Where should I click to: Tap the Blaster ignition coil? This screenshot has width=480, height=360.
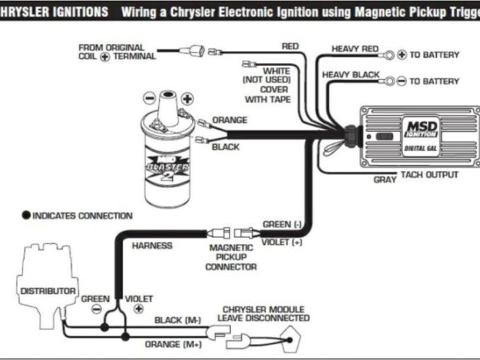tap(167, 154)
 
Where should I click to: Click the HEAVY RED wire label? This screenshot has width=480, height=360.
tap(355, 49)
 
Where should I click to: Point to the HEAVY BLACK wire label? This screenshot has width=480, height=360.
tap(351, 75)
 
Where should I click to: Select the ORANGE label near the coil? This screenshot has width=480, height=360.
tap(229, 120)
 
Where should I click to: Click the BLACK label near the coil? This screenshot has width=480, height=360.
tap(226, 147)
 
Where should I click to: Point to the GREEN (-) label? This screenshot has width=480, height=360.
tap(282, 224)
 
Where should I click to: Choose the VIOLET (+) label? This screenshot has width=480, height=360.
tap(282, 242)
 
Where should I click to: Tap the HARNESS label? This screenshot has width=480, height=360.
tap(151, 245)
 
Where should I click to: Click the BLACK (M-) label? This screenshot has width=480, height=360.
tap(177, 320)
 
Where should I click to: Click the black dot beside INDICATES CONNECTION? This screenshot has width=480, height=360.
tap(26, 216)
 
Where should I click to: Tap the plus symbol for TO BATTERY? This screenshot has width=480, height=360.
tap(401, 55)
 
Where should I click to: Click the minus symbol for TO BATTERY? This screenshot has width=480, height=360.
tap(401, 81)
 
